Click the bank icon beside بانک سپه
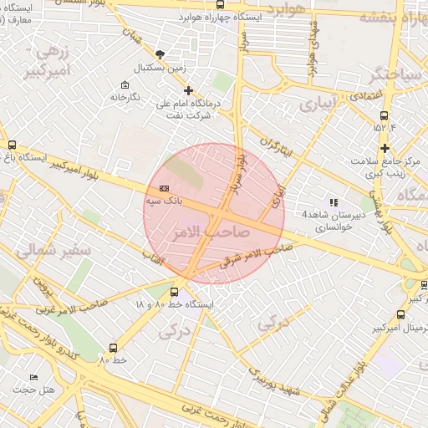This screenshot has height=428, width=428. [x=164, y=188]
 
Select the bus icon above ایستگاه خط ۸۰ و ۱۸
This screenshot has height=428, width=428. [x=174, y=292]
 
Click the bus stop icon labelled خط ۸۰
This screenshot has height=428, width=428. [x=113, y=347]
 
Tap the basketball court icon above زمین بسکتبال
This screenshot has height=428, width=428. [x=160, y=54]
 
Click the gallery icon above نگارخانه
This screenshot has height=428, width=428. [x=125, y=85]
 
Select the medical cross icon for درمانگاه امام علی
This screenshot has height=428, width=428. [x=188, y=90]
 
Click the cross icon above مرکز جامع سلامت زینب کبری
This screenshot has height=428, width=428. [x=385, y=148]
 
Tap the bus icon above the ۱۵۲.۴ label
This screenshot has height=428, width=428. [x=384, y=116]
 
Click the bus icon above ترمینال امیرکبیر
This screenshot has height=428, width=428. [x=400, y=314]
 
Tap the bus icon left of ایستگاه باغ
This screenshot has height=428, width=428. [x=12, y=145]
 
